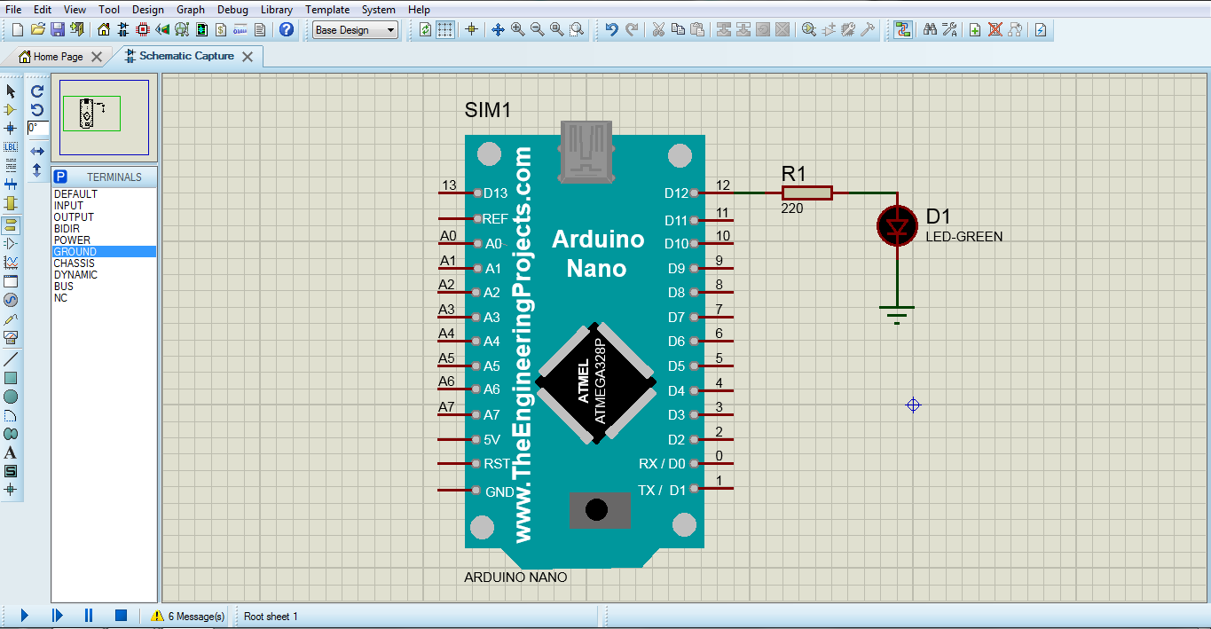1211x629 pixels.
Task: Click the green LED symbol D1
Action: [x=897, y=227]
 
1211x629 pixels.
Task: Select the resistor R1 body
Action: [x=806, y=193]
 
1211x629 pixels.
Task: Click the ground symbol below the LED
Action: [x=897, y=313]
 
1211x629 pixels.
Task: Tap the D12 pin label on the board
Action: [x=676, y=193]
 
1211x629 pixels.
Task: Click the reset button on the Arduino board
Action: [x=598, y=509]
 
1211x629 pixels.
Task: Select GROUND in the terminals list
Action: [x=75, y=252]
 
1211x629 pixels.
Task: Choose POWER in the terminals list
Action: [x=72, y=240]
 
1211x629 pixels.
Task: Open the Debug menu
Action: [x=232, y=10]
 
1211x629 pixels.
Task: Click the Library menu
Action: [x=276, y=10]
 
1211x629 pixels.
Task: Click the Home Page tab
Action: [x=58, y=57]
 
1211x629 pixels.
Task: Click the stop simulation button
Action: [x=122, y=615]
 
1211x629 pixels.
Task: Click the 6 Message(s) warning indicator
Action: [x=187, y=616]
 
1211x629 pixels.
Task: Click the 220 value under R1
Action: [x=791, y=208]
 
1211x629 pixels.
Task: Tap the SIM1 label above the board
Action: [x=487, y=111]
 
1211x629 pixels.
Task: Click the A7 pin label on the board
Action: [x=491, y=414]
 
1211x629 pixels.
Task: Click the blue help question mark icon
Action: [x=287, y=29]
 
